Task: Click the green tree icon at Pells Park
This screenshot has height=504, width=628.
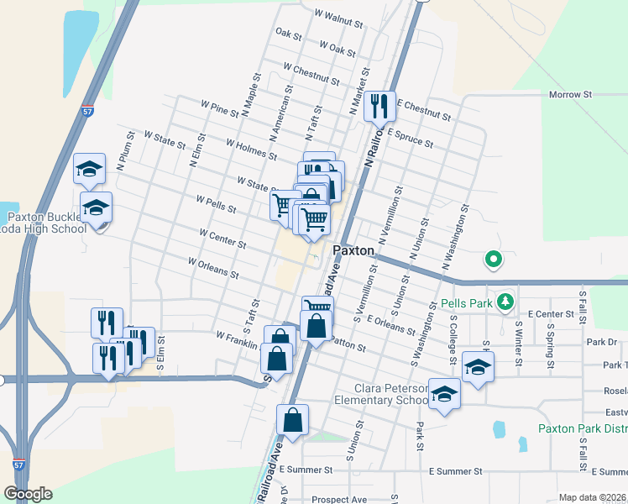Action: (x=505, y=300)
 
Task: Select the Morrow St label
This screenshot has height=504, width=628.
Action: (x=571, y=95)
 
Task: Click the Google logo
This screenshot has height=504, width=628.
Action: (x=28, y=494)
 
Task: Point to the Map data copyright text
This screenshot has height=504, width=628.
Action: (x=593, y=497)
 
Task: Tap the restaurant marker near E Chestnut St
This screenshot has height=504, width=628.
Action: (x=379, y=106)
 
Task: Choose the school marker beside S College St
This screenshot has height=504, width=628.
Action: (x=478, y=367)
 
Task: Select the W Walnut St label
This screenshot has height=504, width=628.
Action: (x=338, y=15)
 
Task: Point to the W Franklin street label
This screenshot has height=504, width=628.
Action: (x=235, y=337)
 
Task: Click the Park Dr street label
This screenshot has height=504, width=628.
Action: (x=601, y=342)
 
